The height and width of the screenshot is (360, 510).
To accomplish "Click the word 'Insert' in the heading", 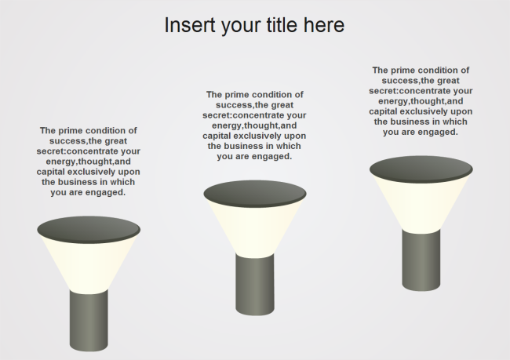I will pyautogui.click(x=184, y=25).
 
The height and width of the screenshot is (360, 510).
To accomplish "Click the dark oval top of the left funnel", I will pyautogui.click(x=89, y=228).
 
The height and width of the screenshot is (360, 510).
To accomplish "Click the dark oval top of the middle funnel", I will pyautogui.click(x=255, y=192).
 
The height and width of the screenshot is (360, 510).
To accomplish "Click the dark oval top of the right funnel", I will pyautogui.click(x=421, y=168).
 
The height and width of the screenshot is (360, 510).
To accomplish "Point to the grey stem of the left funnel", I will pyautogui.click(x=89, y=321).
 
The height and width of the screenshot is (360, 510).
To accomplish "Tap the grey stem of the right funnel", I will pyautogui.click(x=421, y=259).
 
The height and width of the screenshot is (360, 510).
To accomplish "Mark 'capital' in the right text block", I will pyautogui.click(x=385, y=111).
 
